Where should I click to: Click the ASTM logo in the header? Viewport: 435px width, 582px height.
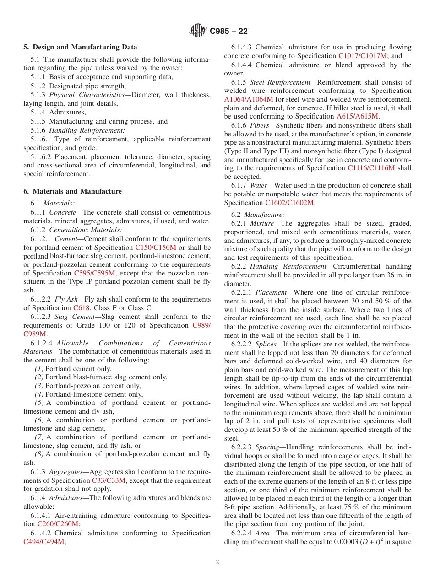point(198,31)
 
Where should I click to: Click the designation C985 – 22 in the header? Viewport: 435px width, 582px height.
point(228,31)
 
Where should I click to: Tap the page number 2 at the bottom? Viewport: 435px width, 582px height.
point(217,562)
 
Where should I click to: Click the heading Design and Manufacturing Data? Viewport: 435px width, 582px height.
point(85,47)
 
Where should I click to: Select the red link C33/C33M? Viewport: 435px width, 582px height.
point(109,480)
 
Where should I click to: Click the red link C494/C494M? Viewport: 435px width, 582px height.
point(44,542)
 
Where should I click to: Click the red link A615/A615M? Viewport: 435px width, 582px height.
point(357,116)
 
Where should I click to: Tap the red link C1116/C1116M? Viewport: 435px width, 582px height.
point(371,168)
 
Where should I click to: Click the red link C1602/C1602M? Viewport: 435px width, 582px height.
point(289,203)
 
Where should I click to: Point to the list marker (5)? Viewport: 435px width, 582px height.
point(39,403)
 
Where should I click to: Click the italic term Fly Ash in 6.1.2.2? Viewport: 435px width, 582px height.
point(67,299)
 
